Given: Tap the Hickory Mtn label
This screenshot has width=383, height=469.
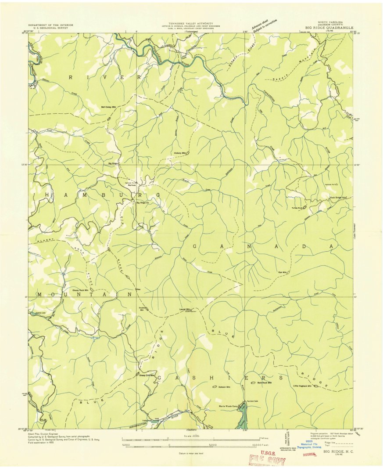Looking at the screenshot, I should point(180,153).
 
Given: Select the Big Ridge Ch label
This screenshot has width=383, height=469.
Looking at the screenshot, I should point(143,202).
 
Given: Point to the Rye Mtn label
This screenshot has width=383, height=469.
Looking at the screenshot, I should point(282,273).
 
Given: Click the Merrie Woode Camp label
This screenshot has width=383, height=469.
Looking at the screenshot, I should point(228,406).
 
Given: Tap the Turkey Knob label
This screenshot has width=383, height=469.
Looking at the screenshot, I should point(297,208).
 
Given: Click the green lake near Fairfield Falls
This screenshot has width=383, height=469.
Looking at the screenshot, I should point(242,417).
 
